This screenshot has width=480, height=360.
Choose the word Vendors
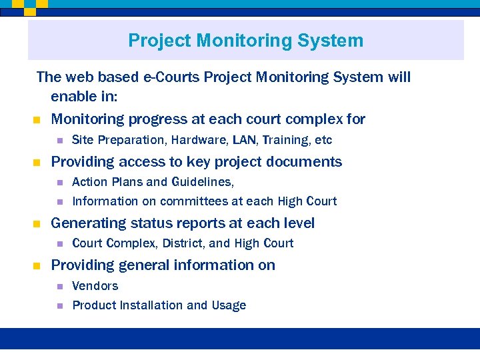coord(95,286)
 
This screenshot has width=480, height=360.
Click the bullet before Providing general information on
coord(37,266)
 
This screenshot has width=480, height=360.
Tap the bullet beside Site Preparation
coord(59,141)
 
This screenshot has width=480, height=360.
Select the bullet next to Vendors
coord(59,287)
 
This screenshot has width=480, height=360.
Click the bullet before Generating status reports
coord(37,224)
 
